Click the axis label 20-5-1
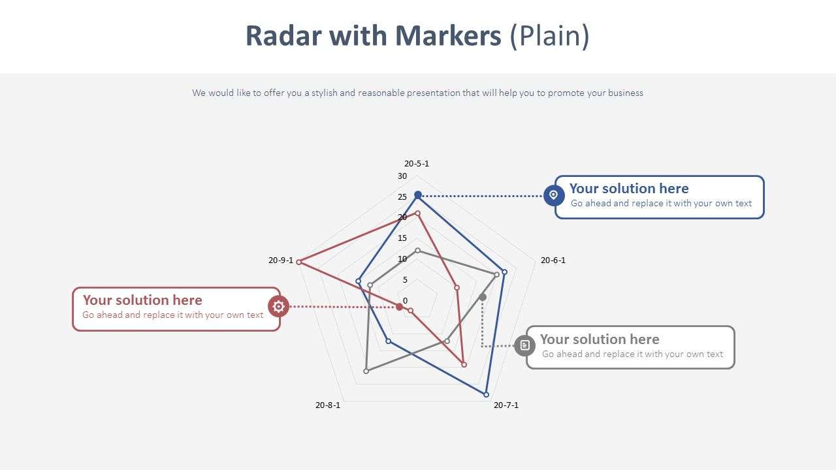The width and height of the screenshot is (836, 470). [x=417, y=164]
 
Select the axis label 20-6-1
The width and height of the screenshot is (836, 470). [x=553, y=260]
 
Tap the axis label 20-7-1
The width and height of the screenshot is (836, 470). [x=506, y=405]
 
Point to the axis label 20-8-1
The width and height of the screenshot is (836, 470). [x=327, y=405]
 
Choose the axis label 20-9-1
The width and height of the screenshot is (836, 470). [x=281, y=260]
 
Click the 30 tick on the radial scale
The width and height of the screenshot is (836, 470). [x=402, y=176]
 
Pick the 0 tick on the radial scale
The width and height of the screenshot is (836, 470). [x=405, y=301]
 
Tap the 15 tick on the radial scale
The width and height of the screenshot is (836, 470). [x=402, y=238]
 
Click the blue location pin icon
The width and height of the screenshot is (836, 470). [x=554, y=195]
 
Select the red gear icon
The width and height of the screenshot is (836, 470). [x=278, y=306]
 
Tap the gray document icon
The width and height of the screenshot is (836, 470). [x=524, y=345]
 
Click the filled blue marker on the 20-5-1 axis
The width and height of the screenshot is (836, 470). [x=418, y=195]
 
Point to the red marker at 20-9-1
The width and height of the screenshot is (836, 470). [x=299, y=262]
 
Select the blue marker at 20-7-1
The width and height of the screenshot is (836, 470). [x=486, y=394]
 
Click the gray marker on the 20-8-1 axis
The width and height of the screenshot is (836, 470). [x=366, y=371]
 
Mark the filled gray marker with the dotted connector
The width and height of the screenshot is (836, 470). [x=483, y=298]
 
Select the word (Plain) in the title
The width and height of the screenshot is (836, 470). [x=549, y=36]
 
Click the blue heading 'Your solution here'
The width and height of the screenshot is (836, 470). [x=628, y=189]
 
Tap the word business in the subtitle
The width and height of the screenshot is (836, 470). [x=625, y=93]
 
